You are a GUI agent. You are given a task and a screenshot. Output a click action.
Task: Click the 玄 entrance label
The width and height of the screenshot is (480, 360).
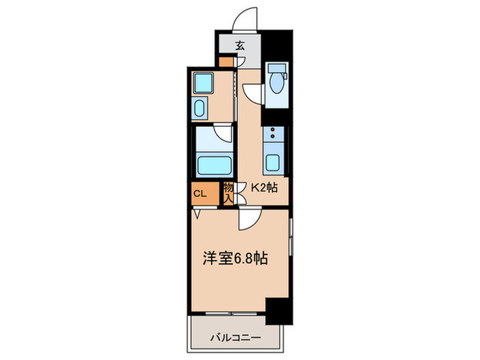tap(241, 47)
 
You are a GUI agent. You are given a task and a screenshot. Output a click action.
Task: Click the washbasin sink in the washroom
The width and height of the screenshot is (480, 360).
tap(202, 108)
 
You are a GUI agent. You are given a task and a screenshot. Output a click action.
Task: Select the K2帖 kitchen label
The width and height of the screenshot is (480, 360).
tap(263, 187)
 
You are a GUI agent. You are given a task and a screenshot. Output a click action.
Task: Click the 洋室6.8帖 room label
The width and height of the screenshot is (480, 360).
tap(235, 259)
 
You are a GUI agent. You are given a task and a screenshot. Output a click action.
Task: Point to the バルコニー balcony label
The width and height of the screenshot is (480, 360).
tap(235, 337)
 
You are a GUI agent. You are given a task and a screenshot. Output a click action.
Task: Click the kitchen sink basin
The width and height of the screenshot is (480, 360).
tap(272, 163)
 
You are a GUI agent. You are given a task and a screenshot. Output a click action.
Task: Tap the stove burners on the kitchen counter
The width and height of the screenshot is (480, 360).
tap(272, 133)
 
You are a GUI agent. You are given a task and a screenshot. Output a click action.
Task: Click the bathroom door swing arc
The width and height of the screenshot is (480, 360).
tap(221, 133)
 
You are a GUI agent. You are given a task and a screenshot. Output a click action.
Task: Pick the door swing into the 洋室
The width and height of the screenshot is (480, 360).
tap(248, 219)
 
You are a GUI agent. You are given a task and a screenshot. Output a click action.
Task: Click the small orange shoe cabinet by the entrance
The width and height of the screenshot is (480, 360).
tap(226, 62)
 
